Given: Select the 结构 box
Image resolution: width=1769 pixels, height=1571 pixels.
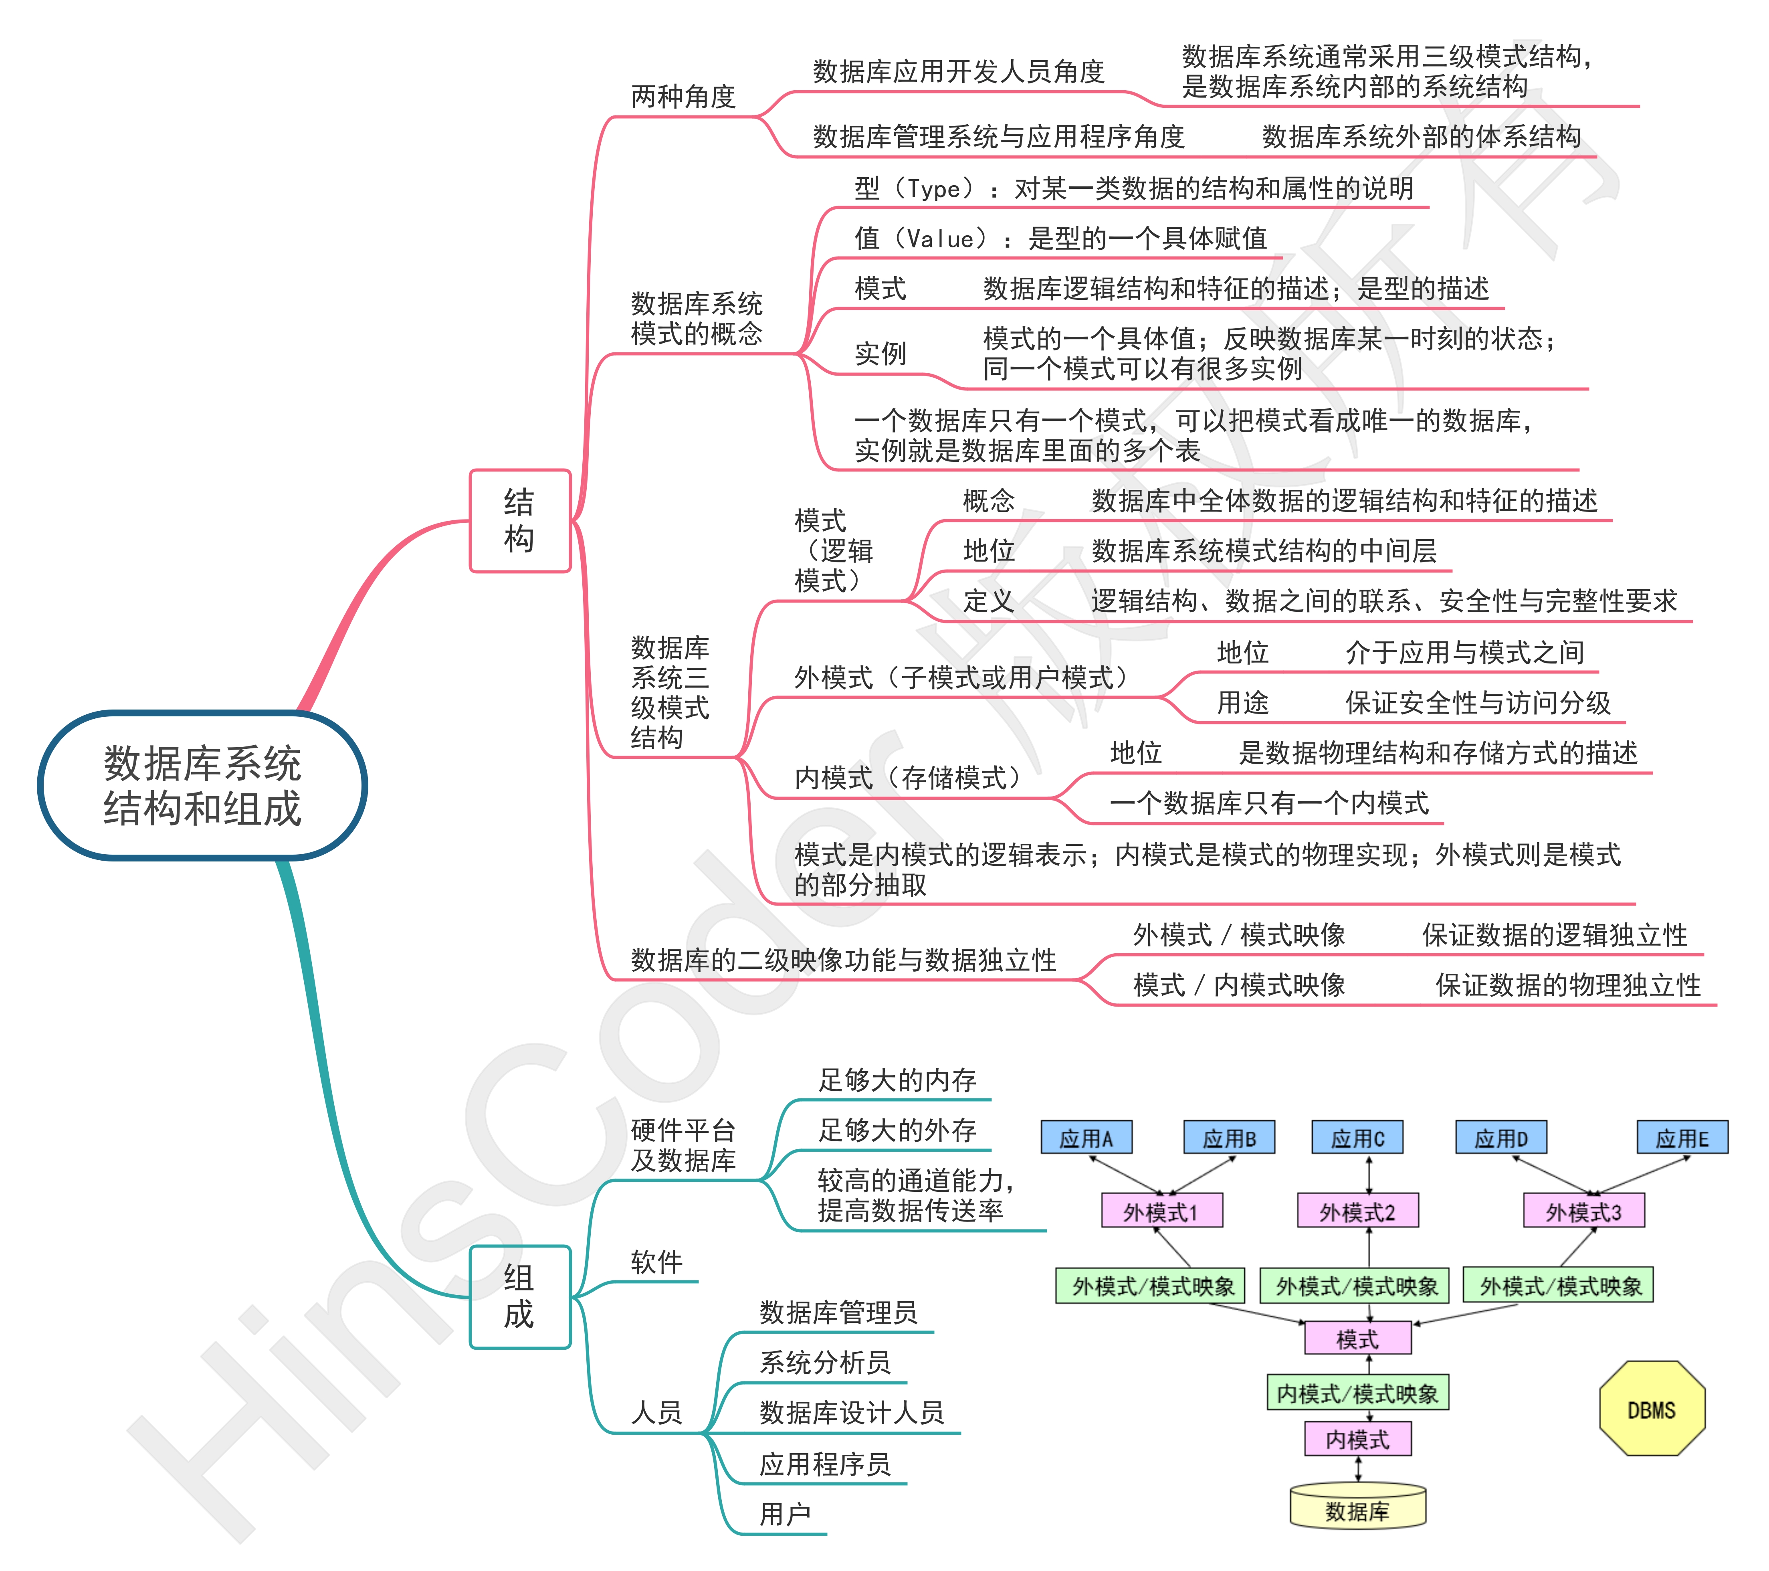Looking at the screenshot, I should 519,520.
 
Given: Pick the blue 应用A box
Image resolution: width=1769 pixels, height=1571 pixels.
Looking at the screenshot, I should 1086,1137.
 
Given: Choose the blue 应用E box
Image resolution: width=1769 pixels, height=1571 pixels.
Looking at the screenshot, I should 1682,1137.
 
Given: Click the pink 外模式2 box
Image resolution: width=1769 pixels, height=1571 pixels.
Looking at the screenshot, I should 1357,1211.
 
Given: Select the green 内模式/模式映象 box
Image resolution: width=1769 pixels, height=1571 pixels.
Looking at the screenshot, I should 1357,1393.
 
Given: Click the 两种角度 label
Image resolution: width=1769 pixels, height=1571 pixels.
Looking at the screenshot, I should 683,96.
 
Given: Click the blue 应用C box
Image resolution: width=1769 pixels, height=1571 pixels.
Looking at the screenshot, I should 1357,1137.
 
